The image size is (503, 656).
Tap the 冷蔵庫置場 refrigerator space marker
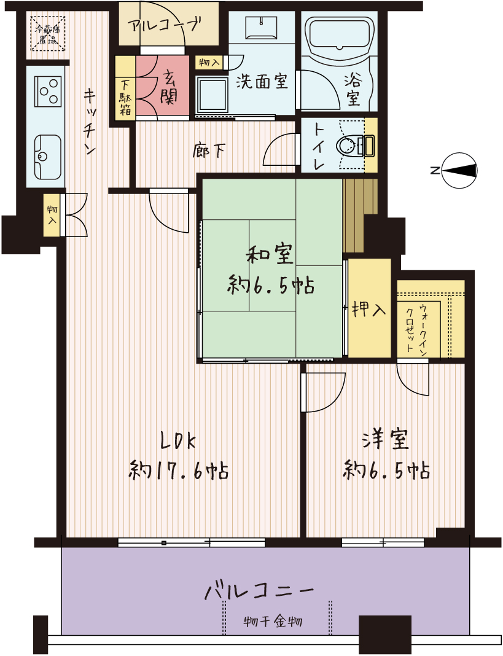pos(47,33)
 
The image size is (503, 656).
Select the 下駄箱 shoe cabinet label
pos(125,98)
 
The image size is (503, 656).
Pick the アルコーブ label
pos(165,26)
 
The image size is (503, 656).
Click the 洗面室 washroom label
pos(262,81)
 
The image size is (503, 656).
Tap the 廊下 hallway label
pos(210,151)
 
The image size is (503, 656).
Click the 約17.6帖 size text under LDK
pos(179,471)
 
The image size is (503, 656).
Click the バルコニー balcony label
pos(259,592)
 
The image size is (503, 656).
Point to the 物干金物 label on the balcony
pos(273,622)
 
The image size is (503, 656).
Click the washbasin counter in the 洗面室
pos(261,28)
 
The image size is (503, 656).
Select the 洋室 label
pos(386,440)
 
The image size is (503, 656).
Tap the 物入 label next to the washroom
pos(209,63)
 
